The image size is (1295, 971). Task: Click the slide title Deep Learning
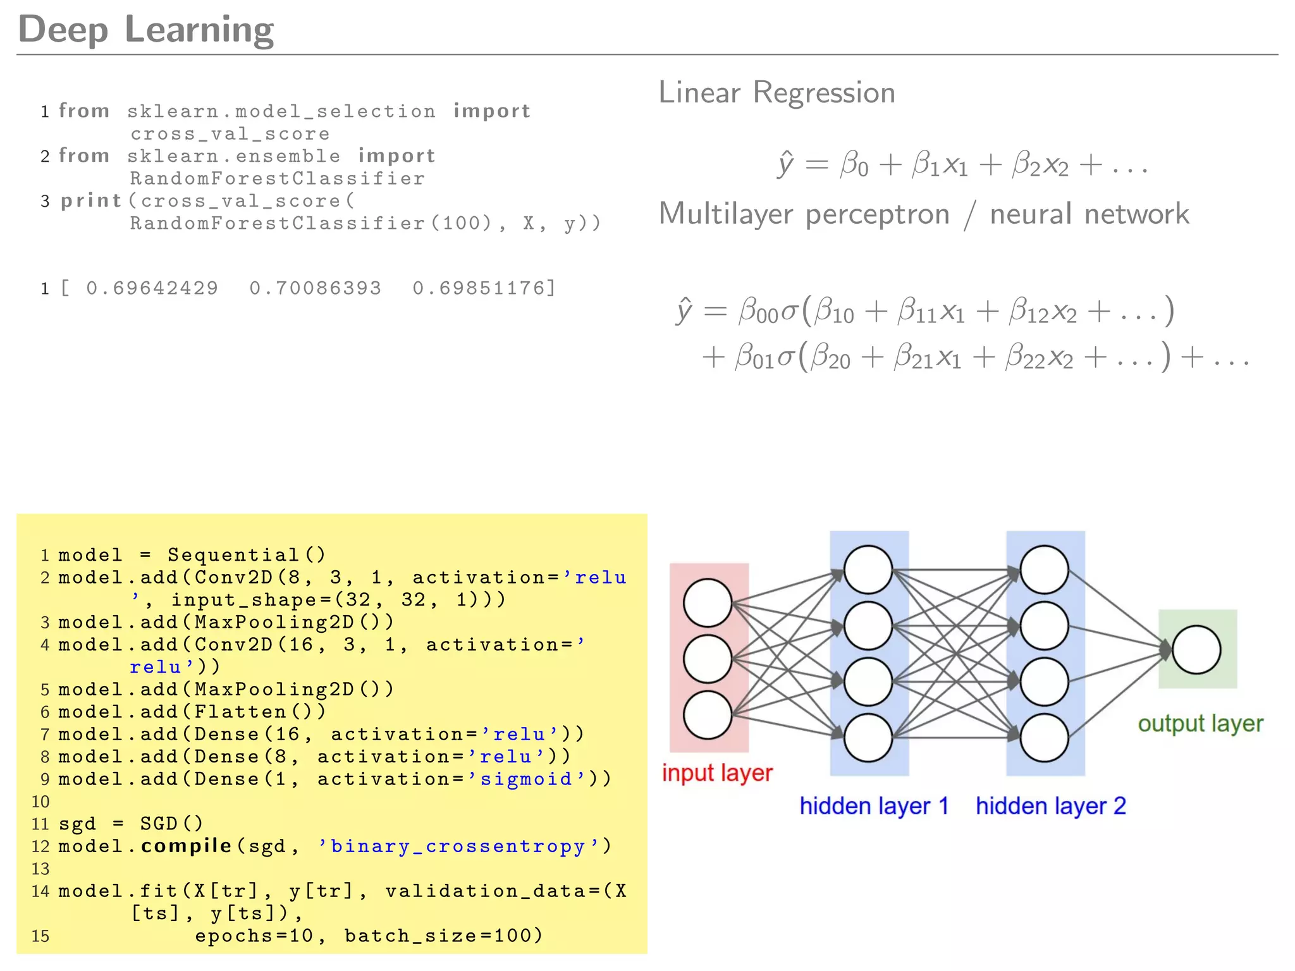(145, 29)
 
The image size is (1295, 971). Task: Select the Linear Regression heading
(776, 93)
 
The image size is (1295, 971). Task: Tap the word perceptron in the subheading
(878, 215)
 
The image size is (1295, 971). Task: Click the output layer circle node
(1196, 650)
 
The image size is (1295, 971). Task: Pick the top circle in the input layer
(708, 602)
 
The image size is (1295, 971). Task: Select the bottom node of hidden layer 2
(1044, 738)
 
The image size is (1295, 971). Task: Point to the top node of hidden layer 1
(868, 570)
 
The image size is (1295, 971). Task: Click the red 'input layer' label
(717, 773)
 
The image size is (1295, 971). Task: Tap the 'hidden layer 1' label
(874, 806)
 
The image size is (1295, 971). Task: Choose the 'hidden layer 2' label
(1050, 806)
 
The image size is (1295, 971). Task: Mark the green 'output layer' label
(1200, 724)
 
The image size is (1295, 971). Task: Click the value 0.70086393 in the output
(316, 288)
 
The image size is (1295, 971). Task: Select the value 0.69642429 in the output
(152, 288)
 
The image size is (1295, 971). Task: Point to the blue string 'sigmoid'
(526, 779)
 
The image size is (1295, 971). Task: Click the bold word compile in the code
(186, 846)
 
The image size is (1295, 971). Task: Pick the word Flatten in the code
(240, 712)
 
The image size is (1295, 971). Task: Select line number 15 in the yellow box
(40, 936)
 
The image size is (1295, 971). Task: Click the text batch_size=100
(443, 936)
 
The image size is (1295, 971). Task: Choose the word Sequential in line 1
(233, 555)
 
